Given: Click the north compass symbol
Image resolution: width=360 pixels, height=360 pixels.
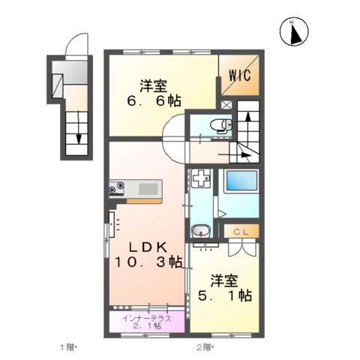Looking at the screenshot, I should [295, 31].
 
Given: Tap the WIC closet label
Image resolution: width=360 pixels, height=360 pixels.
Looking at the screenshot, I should [240, 75].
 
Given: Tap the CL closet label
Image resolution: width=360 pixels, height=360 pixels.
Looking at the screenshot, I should [242, 232].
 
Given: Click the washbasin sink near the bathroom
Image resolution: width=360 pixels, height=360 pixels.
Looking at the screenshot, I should [200, 233].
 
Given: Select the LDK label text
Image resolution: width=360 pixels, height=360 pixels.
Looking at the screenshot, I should [149, 247].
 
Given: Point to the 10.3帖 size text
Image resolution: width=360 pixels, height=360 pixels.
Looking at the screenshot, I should [149, 262].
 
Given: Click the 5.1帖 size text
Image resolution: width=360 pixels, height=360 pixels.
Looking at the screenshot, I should [224, 296].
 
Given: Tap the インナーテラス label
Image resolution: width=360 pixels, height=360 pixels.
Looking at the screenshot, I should [148, 318].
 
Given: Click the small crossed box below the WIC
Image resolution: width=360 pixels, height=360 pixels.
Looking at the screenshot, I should [227, 105].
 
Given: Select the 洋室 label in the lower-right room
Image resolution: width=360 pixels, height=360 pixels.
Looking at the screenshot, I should [224, 280].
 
